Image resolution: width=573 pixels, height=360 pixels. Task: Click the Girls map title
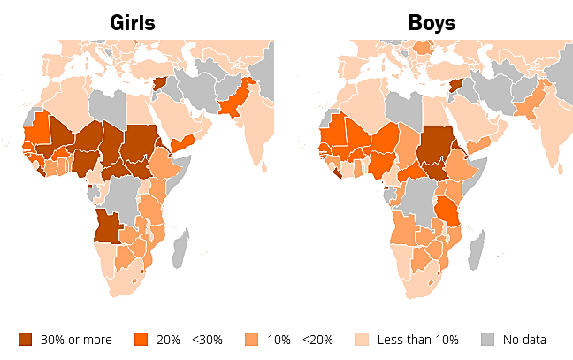tap(132, 23)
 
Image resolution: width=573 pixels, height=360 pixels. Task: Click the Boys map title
tap(432, 23)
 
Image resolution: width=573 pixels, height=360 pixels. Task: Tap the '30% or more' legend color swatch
tap(25, 339)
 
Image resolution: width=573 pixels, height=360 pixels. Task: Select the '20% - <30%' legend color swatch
tap(140, 339)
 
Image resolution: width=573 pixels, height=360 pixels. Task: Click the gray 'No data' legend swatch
tap(488, 339)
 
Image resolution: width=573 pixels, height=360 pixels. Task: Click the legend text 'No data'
tap(524, 339)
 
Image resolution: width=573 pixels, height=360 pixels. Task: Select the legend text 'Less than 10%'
tap(418, 339)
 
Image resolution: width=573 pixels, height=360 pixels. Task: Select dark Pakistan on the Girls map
tap(235, 102)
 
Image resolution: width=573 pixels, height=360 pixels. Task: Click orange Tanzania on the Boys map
tap(447, 212)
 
